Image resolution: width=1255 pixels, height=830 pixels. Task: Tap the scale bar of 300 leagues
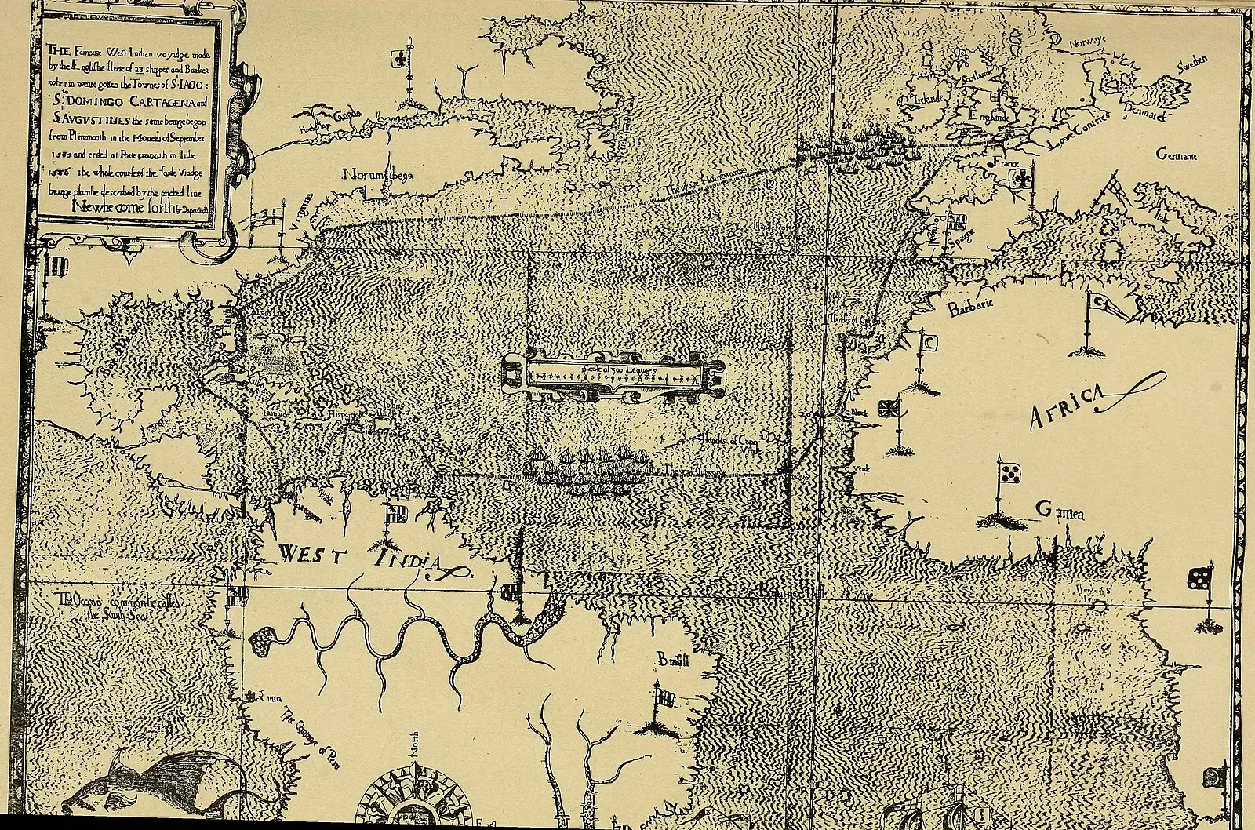pos(613,378)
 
